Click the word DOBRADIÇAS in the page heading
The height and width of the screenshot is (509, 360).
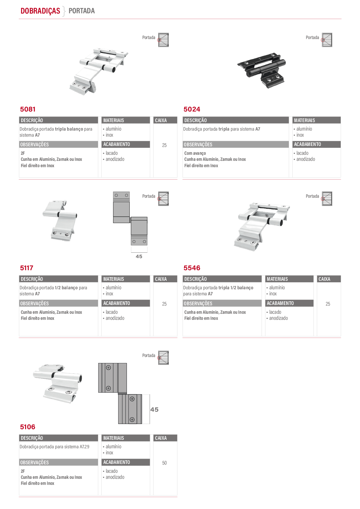[40, 11]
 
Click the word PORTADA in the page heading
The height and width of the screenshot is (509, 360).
[82, 11]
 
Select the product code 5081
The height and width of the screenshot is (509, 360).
[28, 109]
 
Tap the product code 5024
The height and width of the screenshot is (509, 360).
[192, 109]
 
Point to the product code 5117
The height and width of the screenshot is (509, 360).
[27, 268]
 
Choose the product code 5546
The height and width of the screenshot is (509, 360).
[192, 268]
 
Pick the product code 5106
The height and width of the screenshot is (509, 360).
[28, 427]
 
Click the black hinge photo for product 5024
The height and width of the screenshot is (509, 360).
[261, 70]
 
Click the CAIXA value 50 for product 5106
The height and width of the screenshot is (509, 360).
[164, 463]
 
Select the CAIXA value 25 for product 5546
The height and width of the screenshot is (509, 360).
[328, 304]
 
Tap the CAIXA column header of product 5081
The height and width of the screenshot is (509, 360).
[161, 120]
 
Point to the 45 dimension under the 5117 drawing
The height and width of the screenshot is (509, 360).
[139, 256]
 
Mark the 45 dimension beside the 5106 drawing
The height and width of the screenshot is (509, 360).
[154, 410]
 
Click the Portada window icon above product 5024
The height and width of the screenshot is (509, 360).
[327, 40]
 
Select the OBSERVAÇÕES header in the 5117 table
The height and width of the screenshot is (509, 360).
[34, 303]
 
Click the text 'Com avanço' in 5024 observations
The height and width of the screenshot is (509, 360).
[195, 153]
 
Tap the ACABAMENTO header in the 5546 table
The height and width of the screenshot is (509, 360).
[280, 303]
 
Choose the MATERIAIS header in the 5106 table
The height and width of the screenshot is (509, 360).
[114, 438]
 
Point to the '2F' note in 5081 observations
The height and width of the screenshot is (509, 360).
[23, 153]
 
